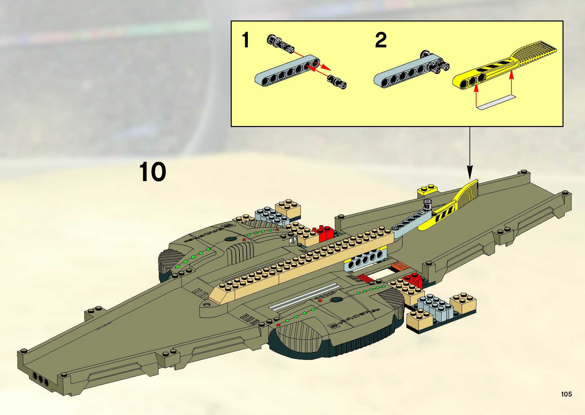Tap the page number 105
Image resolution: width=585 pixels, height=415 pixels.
pyautogui.click(x=566, y=394)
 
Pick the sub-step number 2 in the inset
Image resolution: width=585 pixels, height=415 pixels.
pyautogui.click(x=380, y=40)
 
